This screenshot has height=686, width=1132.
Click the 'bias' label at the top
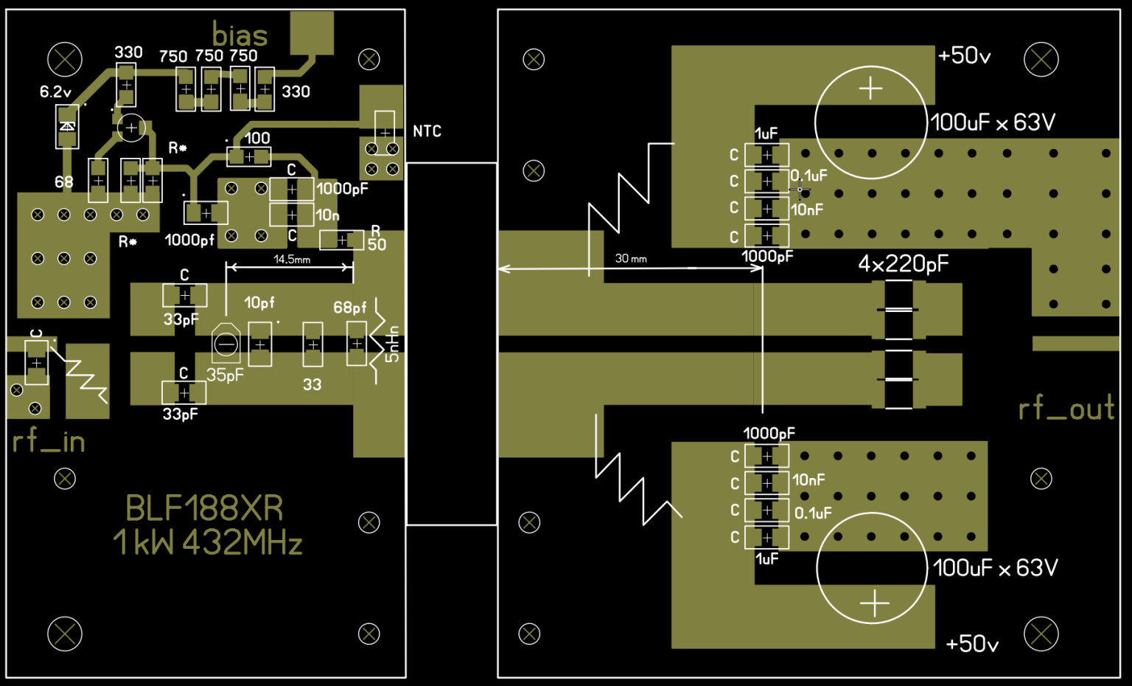point(240,35)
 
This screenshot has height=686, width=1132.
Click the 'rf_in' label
point(49,441)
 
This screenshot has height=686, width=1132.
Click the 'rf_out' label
point(1066,408)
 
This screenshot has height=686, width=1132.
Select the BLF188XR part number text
point(204,508)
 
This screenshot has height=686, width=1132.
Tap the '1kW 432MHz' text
point(208,543)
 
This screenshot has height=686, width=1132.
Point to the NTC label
point(427,131)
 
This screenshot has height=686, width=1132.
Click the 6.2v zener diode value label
point(55,92)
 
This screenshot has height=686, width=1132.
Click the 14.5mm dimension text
point(292,260)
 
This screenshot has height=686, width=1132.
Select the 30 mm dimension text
point(631,259)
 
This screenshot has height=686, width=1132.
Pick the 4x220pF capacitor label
point(903,264)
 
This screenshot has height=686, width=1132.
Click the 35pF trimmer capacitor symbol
point(226,344)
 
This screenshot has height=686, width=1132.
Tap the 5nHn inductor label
point(393,344)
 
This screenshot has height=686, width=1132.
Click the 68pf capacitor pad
point(357,344)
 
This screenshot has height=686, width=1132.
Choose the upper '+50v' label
point(964,56)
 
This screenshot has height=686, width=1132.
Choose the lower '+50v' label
point(971,644)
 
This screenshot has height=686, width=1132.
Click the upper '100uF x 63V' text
point(993,122)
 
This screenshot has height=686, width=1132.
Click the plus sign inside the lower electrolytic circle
point(874,604)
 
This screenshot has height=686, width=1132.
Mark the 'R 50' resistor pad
point(341,240)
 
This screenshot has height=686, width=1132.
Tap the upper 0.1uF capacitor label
point(809,176)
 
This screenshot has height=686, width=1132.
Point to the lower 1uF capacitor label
point(766,559)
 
